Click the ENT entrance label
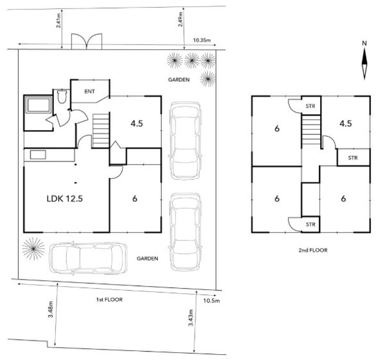[90, 91]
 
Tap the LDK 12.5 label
[65, 198]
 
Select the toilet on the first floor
[62, 96]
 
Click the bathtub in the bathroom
[39, 104]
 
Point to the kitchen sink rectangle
[38, 154]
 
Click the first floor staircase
[101, 130]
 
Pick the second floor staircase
[311, 131]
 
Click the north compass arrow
[364, 63]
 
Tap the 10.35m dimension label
[202, 40]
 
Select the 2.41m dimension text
[58, 20]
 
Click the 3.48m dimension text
[51, 309]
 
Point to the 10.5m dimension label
[212, 300]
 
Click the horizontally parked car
[88, 258]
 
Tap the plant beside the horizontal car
[33, 248]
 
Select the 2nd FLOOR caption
[313, 250]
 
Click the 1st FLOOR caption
[109, 300]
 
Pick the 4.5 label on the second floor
[345, 123]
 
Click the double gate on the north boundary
[86, 42]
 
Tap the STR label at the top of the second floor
[310, 106]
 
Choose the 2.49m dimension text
[181, 19]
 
